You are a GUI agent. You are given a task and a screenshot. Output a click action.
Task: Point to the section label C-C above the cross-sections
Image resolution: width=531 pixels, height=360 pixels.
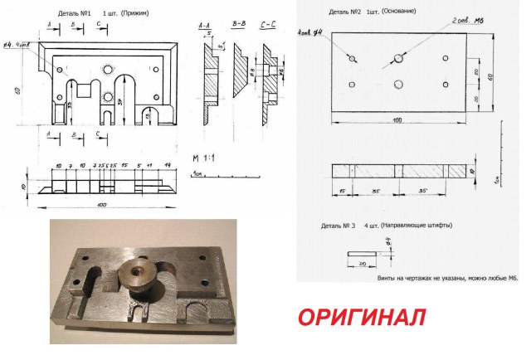pos(268,27)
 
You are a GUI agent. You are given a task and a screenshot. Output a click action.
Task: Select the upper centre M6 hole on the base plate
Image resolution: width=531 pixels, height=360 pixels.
pos(399,59)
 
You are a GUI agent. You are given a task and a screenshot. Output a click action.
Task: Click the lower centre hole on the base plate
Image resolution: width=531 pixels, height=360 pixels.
pos(399,84)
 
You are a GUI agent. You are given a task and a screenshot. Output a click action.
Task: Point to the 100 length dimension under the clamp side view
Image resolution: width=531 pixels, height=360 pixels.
pos(102,204)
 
